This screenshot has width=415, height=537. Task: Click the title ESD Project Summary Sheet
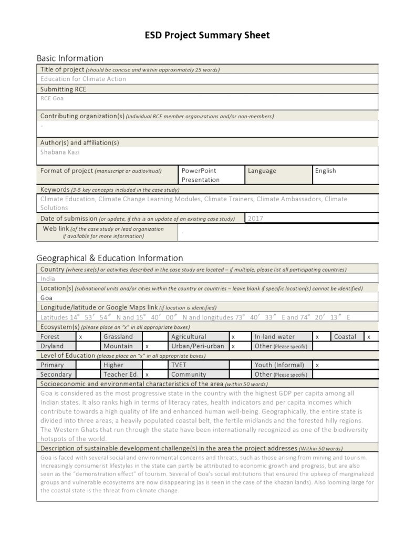coord(207,35)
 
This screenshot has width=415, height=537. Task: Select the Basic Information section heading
coord(70,58)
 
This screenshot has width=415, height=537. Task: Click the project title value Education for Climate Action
coord(83,79)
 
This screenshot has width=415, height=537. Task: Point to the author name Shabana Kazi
coord(60,152)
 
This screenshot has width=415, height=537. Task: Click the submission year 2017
coord(255,218)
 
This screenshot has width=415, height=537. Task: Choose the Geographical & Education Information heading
coord(109,258)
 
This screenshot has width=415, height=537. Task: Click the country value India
coord(48,278)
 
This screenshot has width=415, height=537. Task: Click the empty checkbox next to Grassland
coord(154,336)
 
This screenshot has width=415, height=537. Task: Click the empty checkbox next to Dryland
coord(88,346)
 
